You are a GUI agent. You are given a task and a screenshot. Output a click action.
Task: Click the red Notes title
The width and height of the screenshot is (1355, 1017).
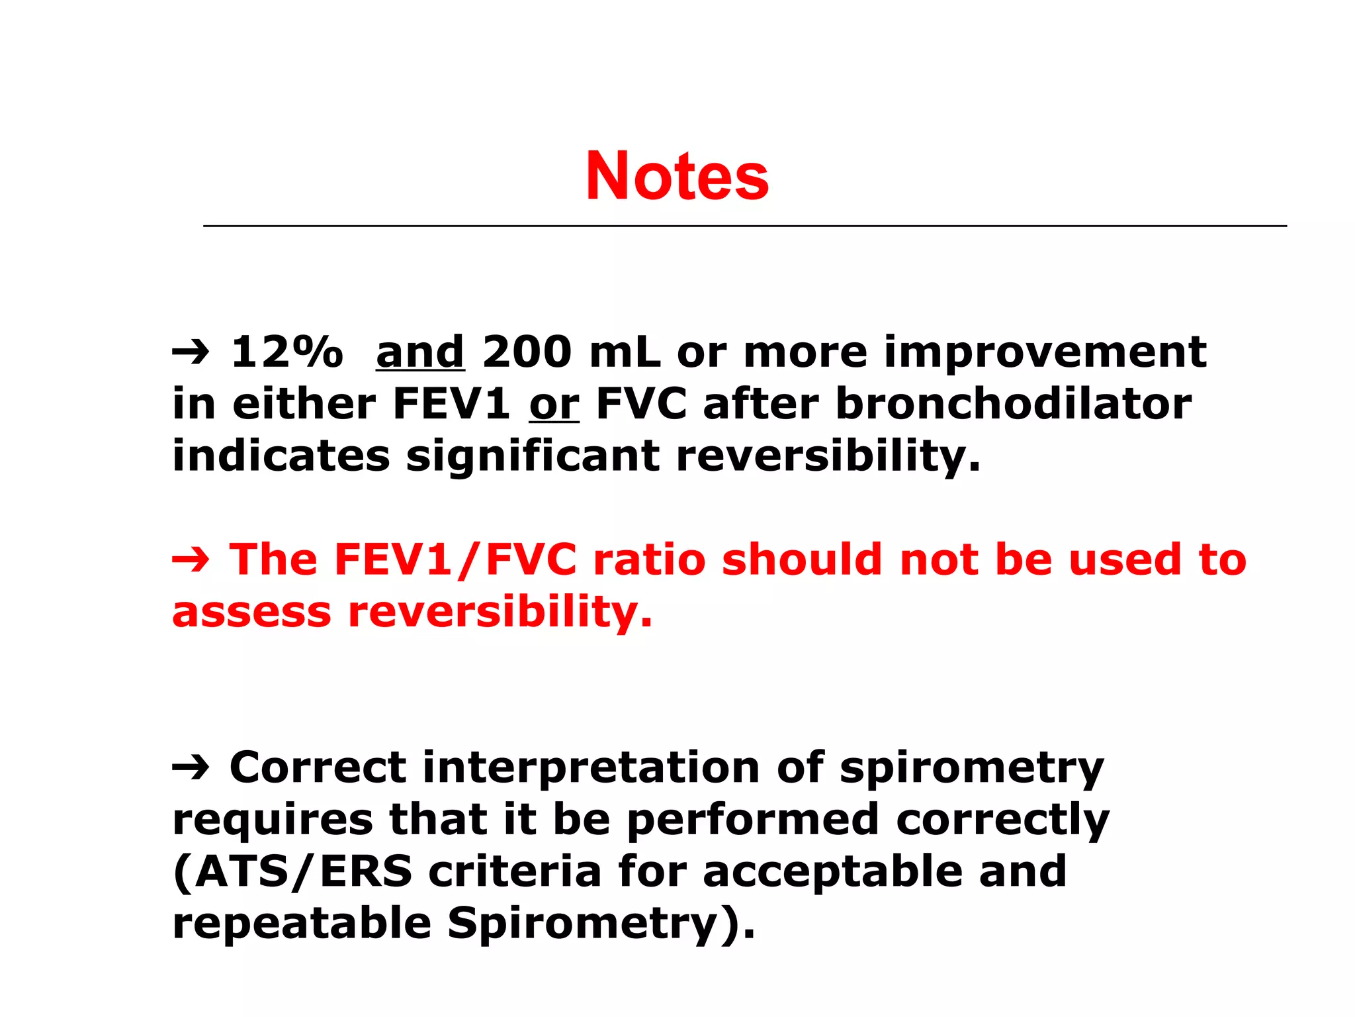(677, 175)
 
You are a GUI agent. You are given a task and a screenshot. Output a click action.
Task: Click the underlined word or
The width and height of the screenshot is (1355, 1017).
(554, 404)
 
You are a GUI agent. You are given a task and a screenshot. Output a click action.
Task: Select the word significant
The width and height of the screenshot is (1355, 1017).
(533, 456)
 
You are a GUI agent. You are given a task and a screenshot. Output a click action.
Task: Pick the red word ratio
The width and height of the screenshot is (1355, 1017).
(650, 559)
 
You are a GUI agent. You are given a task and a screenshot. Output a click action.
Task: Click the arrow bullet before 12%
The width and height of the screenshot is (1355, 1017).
(191, 353)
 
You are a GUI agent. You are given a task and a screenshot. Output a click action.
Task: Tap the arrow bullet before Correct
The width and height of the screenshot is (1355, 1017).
(191, 769)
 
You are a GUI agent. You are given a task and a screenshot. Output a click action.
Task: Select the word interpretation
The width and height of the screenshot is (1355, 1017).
(591, 767)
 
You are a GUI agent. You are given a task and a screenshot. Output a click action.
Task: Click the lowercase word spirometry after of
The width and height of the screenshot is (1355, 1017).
(971, 769)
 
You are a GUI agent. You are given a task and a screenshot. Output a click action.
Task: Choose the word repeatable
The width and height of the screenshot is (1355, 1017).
(302, 924)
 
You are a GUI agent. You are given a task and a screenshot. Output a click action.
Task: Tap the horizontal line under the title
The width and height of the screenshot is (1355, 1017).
(744, 226)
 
